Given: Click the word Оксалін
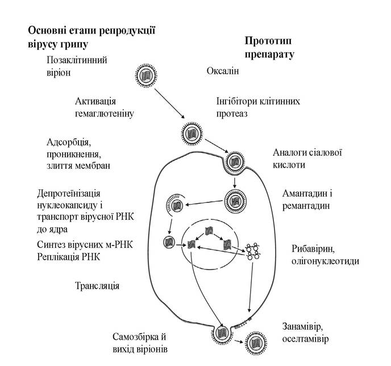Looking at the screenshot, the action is (223, 71).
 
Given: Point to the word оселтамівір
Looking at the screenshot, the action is (306, 339).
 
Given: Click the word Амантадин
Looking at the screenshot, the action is (304, 193).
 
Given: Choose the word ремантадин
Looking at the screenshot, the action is (306, 206).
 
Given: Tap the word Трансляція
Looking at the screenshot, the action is (97, 286).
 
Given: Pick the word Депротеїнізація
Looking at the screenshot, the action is (69, 193).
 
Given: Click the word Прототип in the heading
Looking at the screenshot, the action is (268, 41).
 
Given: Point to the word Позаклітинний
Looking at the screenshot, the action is (77, 60).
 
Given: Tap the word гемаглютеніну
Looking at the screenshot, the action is (105, 114).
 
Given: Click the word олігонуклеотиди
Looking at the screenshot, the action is (325, 261).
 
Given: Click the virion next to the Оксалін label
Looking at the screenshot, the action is (147, 75).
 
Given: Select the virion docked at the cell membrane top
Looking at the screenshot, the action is (235, 162).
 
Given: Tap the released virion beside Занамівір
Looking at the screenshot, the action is (256, 342).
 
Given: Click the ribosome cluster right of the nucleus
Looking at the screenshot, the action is (252, 252).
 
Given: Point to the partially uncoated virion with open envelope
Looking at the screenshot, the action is (176, 206).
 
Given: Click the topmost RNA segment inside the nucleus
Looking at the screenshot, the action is (209, 231).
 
